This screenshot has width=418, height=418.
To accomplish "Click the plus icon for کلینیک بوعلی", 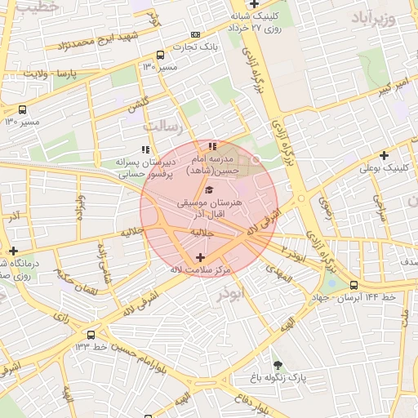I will [384, 155].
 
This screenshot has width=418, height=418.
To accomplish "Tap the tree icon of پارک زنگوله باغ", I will [278, 365].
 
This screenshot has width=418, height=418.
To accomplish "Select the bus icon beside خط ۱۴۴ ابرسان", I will [354, 285].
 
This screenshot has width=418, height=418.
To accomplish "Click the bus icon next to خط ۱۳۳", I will [90, 335].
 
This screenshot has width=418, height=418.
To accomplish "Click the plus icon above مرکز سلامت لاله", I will [200, 257].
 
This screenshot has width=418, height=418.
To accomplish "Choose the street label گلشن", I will [138, 105].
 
